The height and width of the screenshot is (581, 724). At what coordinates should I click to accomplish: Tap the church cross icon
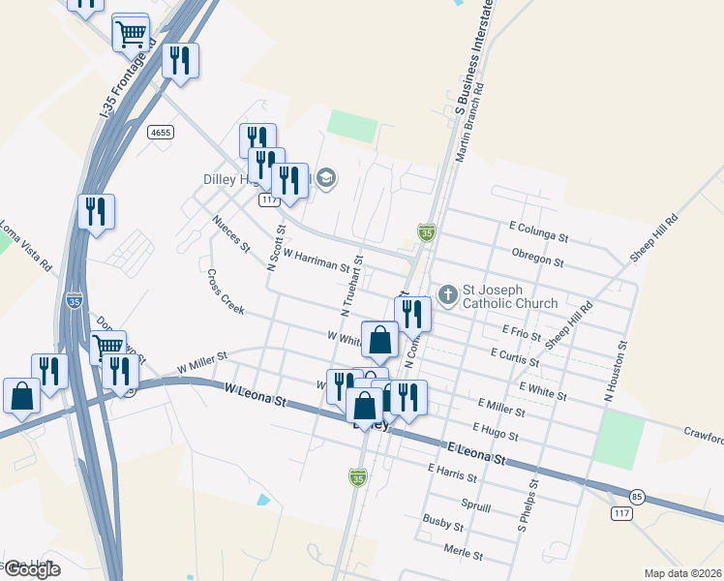(x=447, y=292)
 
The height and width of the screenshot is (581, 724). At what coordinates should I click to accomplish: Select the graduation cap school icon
(x=327, y=176)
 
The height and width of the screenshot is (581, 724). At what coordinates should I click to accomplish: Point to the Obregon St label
(x=536, y=260)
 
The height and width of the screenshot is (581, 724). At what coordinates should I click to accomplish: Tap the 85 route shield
(x=636, y=497)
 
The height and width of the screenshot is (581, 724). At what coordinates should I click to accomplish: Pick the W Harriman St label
(x=316, y=259)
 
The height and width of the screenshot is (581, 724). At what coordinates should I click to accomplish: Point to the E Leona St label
(x=477, y=455)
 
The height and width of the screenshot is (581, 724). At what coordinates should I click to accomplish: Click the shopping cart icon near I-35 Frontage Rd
(x=131, y=33)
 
